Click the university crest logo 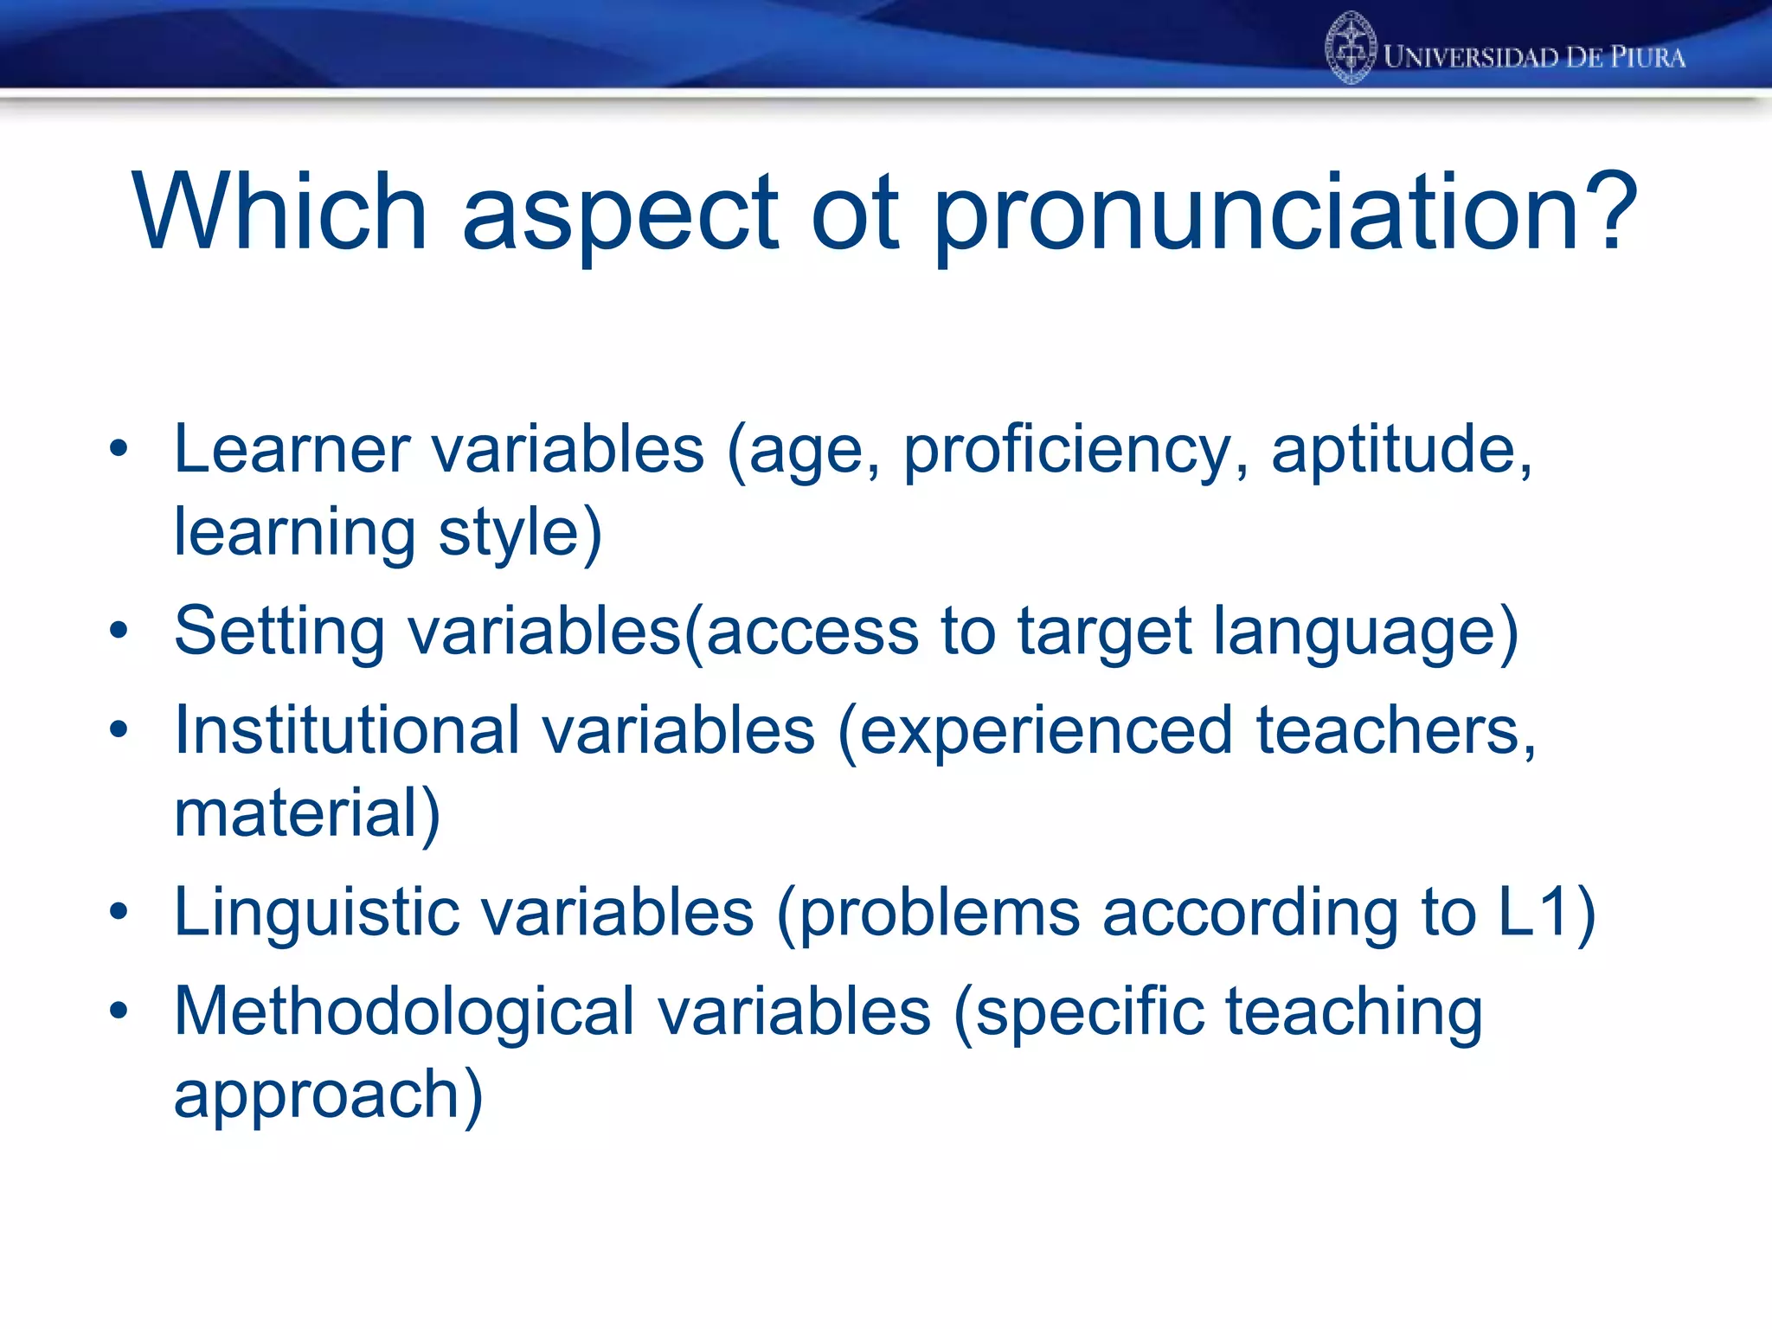(x=1351, y=48)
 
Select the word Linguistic (x=317, y=914)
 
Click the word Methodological (x=404, y=1011)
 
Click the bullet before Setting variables (x=119, y=631)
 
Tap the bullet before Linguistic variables (x=119, y=912)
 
